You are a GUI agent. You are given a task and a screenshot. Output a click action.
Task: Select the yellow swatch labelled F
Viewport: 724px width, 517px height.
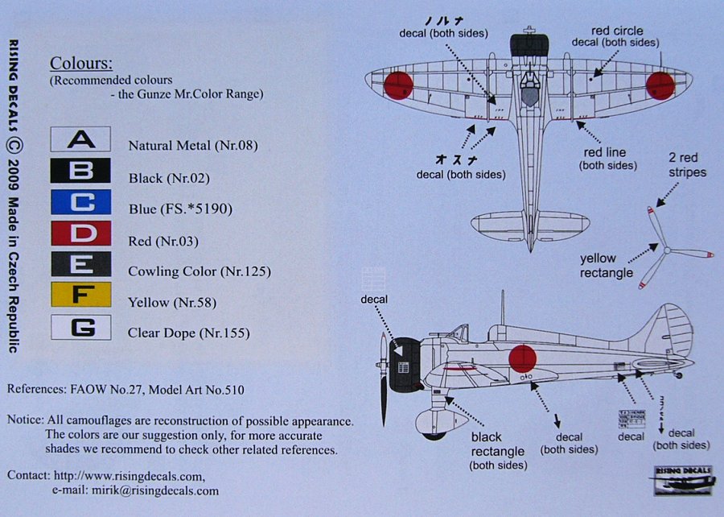point(80,295)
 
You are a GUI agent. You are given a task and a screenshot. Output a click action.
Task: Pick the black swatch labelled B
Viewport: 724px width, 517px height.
point(80,172)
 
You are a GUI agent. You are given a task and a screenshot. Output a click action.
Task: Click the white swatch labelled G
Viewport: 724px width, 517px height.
point(80,327)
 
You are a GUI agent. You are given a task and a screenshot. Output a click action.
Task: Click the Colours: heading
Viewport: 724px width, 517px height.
point(81,64)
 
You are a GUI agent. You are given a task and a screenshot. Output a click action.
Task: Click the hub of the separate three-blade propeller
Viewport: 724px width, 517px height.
point(666,250)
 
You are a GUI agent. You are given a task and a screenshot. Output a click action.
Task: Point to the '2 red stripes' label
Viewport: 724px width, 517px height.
point(686,165)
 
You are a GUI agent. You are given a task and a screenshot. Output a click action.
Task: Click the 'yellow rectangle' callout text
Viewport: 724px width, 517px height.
point(607,266)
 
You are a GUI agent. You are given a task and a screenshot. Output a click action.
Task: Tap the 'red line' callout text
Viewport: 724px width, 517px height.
point(607,159)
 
